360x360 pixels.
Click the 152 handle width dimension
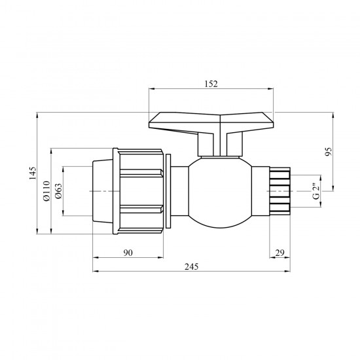click(x=211, y=84)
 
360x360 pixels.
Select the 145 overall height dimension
click(x=33, y=173)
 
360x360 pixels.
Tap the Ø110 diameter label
click(x=46, y=191)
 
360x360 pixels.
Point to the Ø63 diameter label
click(x=58, y=191)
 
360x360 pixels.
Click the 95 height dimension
click(x=329, y=152)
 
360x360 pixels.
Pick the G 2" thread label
click(x=316, y=191)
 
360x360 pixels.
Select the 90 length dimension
click(x=128, y=253)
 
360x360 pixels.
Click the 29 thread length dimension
click(x=279, y=253)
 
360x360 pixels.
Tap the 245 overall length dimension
click(x=191, y=267)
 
